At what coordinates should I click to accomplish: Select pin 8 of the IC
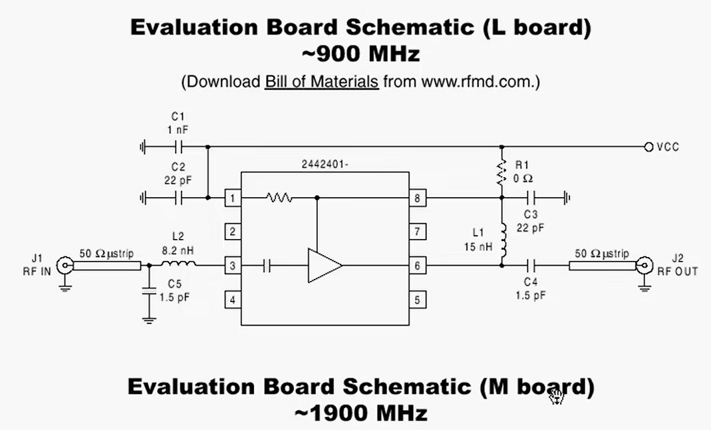[417, 198]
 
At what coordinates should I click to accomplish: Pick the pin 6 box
[417, 266]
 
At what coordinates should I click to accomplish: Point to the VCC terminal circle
[648, 146]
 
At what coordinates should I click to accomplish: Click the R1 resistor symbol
[501, 172]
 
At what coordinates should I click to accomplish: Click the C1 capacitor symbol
[178, 146]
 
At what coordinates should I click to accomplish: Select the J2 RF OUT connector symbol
[643, 266]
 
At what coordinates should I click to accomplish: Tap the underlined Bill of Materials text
[322, 82]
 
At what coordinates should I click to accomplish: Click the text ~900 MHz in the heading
[361, 52]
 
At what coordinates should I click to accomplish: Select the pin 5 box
[417, 300]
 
